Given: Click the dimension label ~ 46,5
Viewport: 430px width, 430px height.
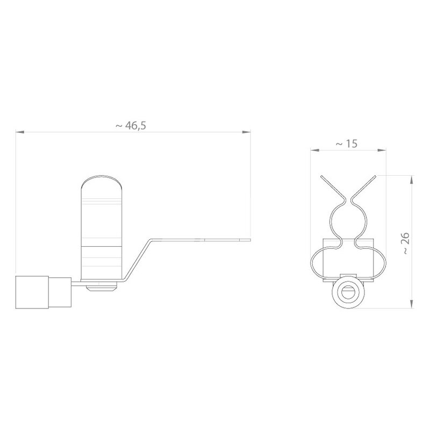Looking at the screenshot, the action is (x=131, y=126).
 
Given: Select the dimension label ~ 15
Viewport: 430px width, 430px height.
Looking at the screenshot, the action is (x=347, y=144).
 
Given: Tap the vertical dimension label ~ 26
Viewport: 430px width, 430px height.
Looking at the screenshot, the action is (x=406, y=243).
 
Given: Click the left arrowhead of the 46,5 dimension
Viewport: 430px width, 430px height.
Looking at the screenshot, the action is (x=20, y=132).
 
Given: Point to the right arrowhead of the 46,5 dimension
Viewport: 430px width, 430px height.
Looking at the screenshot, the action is (x=247, y=132).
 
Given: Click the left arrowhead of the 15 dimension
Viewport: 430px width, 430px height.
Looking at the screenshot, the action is (x=315, y=150).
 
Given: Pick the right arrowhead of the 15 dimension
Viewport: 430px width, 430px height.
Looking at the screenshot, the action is (x=382, y=150).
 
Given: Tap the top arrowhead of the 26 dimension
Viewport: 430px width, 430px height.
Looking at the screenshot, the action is (x=411, y=180).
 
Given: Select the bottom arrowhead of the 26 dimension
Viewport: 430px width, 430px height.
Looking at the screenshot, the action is (x=411, y=304).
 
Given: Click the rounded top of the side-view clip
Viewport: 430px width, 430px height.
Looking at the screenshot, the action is (x=102, y=181).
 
